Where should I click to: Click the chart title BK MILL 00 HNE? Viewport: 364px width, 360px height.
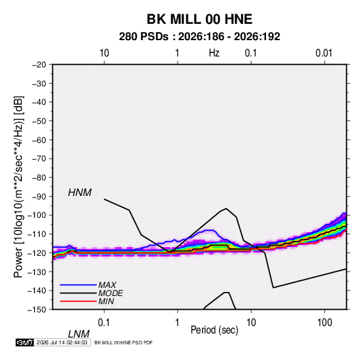click(199, 19)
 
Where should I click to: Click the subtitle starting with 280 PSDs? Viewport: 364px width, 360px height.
click(199, 37)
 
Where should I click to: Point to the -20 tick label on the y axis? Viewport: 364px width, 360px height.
click(39, 65)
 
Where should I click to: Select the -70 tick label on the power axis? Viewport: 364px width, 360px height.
click(39, 159)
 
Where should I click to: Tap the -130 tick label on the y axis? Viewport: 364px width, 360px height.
click(37, 272)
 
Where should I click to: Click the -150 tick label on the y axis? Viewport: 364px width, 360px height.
click(37, 310)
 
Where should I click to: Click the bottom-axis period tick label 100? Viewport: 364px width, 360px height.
click(325, 323)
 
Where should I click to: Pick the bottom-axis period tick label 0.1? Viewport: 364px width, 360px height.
click(104, 323)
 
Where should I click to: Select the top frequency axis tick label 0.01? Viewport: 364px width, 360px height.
click(324, 53)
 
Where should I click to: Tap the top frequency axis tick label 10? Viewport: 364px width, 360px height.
click(104, 53)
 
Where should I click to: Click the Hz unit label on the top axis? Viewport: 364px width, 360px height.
click(214, 53)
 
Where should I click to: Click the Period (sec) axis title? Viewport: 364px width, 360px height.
click(214, 330)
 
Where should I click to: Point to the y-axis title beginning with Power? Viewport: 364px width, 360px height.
click(18, 186)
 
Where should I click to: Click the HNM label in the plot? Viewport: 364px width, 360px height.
click(80, 193)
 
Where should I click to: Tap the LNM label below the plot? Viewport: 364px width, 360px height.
click(79, 334)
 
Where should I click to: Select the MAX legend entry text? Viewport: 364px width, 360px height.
click(107, 285)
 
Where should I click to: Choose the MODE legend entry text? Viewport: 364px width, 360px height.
click(110, 293)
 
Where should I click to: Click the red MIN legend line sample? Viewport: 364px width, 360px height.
click(78, 301)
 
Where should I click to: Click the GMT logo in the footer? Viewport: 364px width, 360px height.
click(25, 342)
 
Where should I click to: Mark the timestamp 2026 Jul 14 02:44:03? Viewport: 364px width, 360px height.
click(62, 342)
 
